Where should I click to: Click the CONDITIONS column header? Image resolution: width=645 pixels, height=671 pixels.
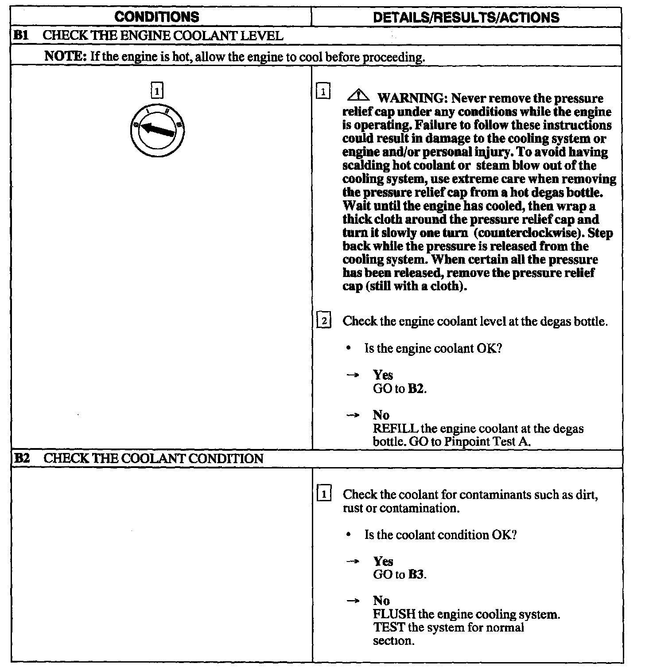tap(157, 17)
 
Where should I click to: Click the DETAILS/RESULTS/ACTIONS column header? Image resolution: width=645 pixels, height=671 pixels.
tap(466, 17)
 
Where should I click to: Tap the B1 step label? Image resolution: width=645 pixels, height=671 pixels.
tap(21, 35)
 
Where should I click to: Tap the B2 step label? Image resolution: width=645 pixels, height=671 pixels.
tap(21, 458)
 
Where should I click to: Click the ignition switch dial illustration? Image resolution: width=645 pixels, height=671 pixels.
tap(157, 130)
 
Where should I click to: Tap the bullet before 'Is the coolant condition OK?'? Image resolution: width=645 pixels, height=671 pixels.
tap(350, 535)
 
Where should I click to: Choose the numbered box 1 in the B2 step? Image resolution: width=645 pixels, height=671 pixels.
tap(324, 494)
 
